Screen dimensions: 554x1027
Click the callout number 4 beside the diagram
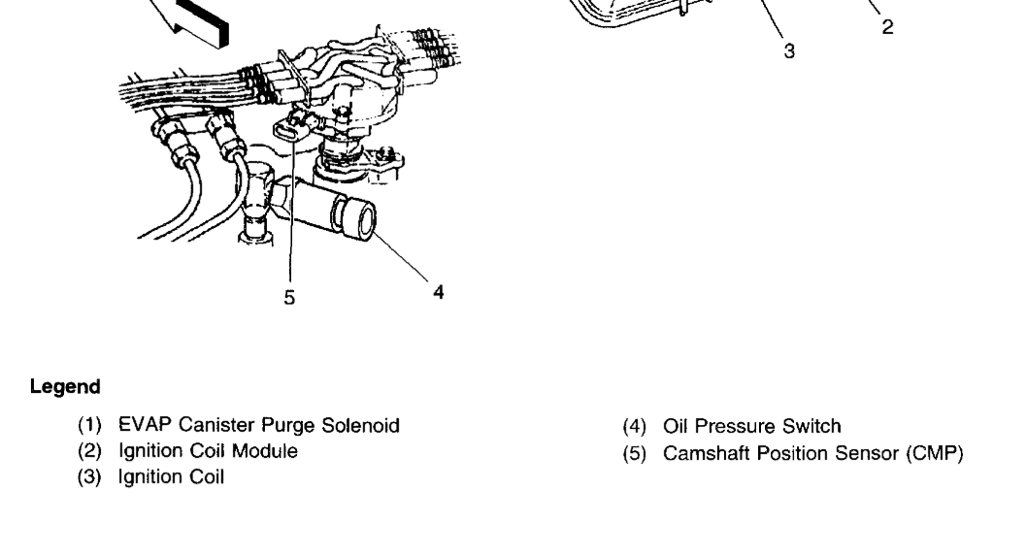click(x=439, y=289)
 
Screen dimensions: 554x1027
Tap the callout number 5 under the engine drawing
click(x=289, y=298)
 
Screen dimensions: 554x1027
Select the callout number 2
click(x=887, y=28)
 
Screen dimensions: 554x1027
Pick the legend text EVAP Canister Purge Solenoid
click(x=259, y=425)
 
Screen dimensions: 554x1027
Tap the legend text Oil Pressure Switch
click(x=752, y=425)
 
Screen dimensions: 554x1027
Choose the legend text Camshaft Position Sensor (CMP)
click(x=813, y=450)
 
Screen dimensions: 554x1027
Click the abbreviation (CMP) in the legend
click(x=933, y=450)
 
